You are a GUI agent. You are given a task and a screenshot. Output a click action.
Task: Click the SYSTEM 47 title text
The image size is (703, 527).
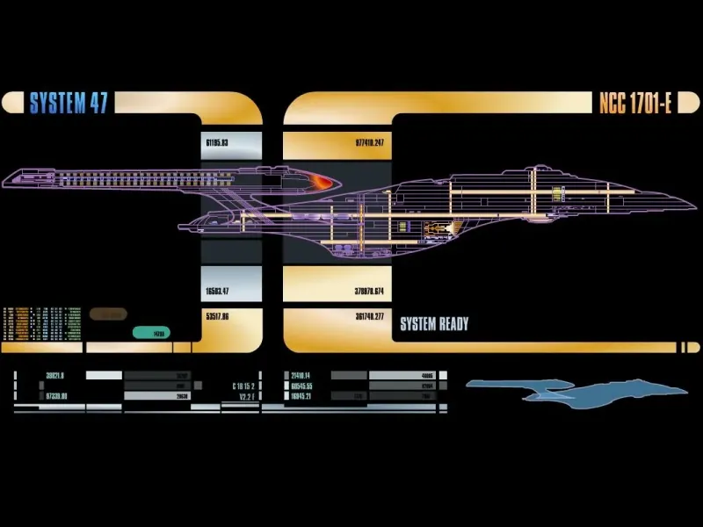coord(69,103)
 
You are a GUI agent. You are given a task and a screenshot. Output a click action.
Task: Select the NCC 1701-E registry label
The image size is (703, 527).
coord(635,103)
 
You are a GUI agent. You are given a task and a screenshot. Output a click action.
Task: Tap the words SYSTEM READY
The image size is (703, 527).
coord(434,324)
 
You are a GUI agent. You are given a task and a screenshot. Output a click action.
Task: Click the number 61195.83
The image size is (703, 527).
coord(217,142)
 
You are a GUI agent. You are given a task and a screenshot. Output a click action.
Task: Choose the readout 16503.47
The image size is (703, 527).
coord(217,291)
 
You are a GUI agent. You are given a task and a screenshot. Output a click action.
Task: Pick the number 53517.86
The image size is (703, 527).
coord(217,316)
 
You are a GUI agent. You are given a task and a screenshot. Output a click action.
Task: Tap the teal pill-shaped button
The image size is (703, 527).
coord(151,333)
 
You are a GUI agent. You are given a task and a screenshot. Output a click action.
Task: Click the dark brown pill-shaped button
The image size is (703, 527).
coord(108,314)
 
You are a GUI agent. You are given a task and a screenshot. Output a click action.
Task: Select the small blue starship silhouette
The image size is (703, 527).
coord(562,389)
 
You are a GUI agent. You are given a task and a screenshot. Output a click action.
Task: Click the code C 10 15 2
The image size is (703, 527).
coord(245,386)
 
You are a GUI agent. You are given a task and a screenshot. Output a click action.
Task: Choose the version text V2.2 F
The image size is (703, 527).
coord(245,396)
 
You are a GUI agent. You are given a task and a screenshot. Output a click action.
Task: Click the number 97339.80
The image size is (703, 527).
coord(56,396)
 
